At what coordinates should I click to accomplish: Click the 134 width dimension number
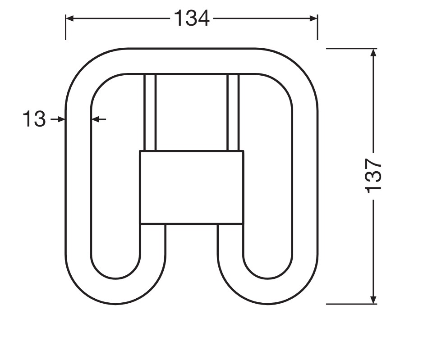point(192,18)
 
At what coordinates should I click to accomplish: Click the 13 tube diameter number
point(34,119)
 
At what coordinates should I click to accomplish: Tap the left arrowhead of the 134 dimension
point(70,18)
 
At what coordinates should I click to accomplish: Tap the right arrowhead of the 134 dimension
point(313,18)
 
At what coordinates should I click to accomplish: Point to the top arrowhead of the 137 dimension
point(373,53)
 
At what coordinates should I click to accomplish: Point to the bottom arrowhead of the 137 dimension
point(373,299)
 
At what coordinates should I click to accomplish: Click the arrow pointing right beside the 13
point(58,119)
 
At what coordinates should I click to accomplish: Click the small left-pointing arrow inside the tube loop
point(99,119)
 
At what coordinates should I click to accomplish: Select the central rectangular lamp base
point(192,187)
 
